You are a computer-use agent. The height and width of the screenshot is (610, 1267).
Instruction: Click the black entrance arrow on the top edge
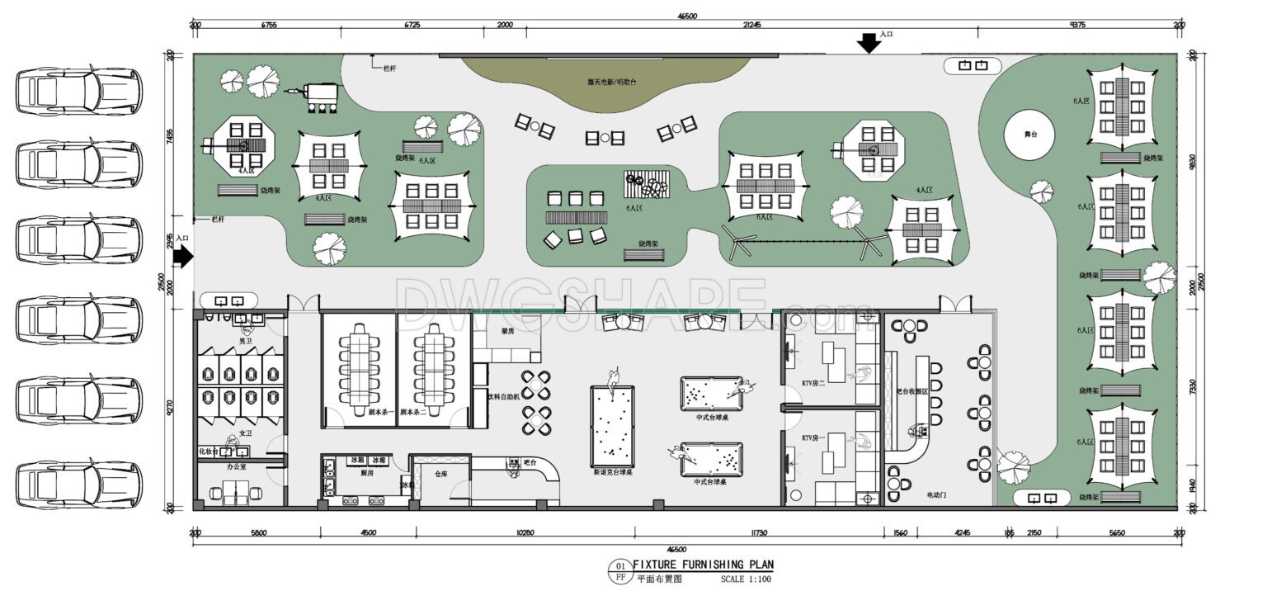(868, 43)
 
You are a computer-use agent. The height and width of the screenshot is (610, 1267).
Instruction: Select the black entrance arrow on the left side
(182, 256)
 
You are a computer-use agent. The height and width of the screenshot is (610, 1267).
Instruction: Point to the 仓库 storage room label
(440, 475)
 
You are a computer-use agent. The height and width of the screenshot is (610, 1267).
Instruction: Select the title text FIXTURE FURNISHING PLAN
(703, 565)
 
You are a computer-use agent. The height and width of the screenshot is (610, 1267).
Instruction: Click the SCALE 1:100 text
(746, 579)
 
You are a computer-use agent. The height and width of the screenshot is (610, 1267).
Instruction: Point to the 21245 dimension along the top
(751, 26)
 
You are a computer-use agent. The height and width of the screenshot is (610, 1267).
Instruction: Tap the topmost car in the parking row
(79, 91)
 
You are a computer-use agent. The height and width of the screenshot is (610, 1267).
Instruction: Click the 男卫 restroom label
(245, 340)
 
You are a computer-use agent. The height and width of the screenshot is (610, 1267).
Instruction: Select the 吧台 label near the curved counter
(530, 464)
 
